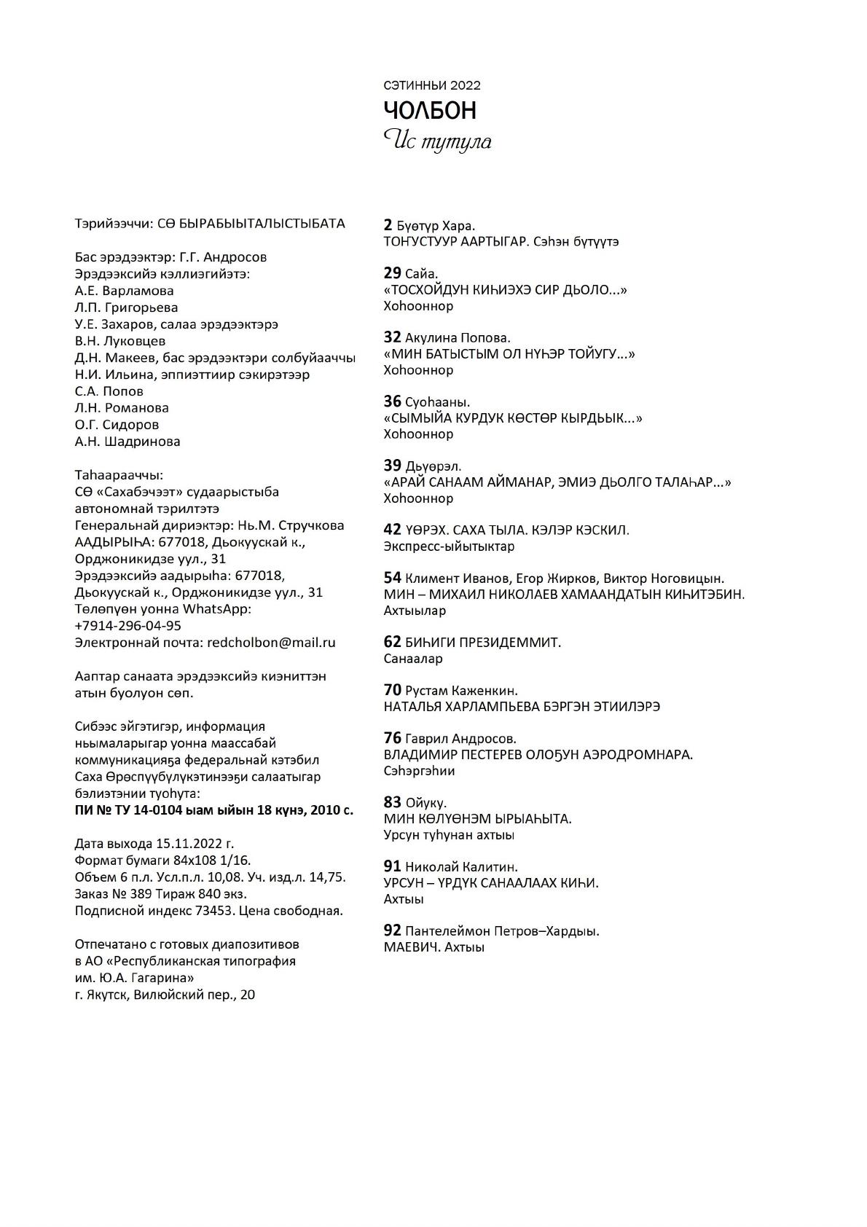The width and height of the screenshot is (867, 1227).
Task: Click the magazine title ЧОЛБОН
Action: tap(430, 111)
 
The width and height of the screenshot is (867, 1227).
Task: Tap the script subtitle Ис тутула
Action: tap(437, 140)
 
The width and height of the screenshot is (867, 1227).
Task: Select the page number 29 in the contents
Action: tap(392, 273)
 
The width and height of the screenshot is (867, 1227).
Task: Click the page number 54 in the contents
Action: tap(392, 578)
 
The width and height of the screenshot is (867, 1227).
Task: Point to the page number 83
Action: tap(392, 802)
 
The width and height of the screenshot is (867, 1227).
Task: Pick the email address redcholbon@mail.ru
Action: tap(271, 643)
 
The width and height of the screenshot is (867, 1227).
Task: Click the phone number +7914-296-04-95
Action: tap(127, 626)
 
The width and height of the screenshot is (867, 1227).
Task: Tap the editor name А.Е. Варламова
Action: tap(124, 291)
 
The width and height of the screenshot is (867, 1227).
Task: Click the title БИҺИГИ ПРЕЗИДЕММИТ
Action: tap(483, 643)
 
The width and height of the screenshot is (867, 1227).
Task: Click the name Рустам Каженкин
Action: tap(461, 691)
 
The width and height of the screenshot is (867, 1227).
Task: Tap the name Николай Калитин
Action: tap(461, 867)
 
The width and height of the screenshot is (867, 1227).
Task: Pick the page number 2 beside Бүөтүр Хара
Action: tap(388, 225)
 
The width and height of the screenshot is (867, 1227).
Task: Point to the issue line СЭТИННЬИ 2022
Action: tap(432, 85)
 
